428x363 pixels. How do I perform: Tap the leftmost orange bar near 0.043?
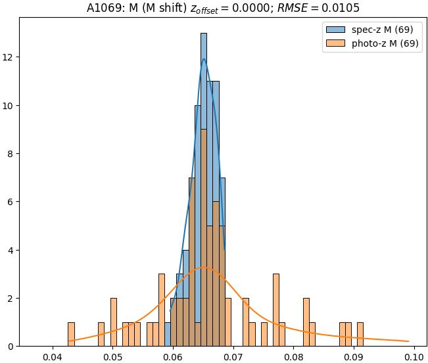[71, 334]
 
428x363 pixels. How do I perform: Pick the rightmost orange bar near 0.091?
[360, 334]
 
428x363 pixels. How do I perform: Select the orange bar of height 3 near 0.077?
[276, 310]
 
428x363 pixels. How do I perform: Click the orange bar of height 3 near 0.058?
[162, 310]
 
